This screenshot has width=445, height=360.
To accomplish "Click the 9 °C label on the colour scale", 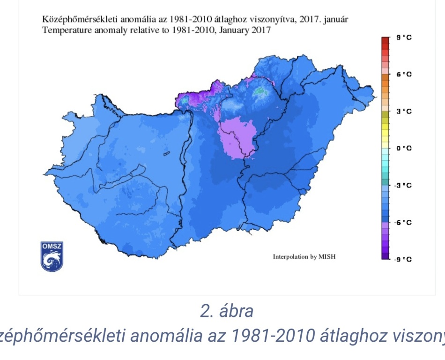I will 404,37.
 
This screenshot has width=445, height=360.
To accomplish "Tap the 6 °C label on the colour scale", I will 404,74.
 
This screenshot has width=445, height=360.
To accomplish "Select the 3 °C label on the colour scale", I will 404,111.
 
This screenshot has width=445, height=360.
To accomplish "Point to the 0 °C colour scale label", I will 404,148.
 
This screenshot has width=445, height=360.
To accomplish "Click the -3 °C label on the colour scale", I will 403,185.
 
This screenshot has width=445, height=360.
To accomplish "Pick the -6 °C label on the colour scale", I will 403,222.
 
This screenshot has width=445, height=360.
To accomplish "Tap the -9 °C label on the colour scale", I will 403,259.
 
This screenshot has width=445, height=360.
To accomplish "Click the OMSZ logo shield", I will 52,256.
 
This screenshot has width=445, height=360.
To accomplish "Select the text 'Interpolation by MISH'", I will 304,257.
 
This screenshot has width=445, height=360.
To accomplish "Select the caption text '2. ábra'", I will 227,311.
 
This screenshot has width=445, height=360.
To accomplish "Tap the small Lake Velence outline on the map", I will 166,153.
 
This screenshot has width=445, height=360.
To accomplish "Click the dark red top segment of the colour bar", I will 386,40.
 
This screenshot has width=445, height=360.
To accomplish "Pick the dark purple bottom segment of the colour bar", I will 386,256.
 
